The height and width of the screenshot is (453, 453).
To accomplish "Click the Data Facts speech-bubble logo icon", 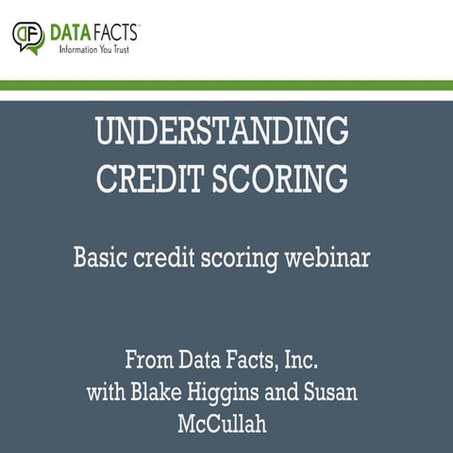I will pyautogui.click(x=28, y=37).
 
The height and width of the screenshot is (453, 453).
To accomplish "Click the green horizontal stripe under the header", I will pyautogui.click(x=226, y=85).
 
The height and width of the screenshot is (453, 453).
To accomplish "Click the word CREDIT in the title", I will pyautogui.click(x=159, y=178).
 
